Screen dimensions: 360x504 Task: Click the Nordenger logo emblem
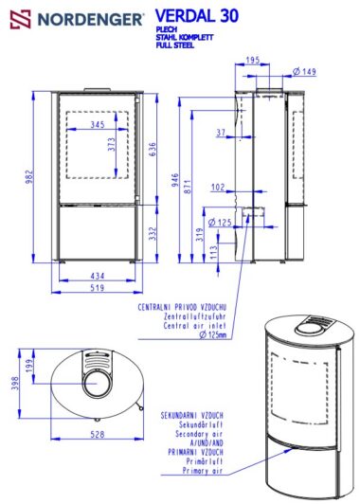[21, 19]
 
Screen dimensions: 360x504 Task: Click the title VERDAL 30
[197, 15]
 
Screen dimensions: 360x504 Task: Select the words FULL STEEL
[175, 45]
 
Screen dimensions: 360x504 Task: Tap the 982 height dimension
[29, 177]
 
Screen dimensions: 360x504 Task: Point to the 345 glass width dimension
[98, 124]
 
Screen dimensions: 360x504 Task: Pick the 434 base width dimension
[98, 276]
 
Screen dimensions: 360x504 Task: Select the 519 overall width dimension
[97, 288]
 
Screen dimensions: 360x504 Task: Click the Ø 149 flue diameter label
[304, 71]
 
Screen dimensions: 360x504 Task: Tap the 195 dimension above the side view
[253, 60]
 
